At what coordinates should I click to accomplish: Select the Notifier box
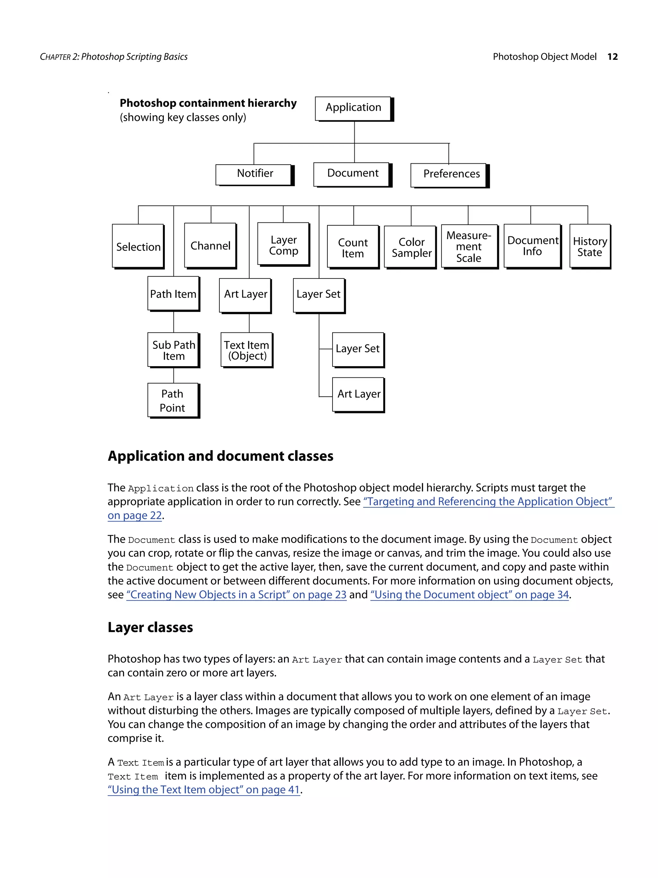click(x=254, y=174)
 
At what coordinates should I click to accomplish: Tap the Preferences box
click(x=449, y=175)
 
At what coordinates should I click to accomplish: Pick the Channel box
click(x=210, y=245)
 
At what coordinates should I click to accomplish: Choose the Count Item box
click(x=352, y=247)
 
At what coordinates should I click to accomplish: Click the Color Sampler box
click(x=411, y=247)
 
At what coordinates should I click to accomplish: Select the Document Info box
click(x=532, y=246)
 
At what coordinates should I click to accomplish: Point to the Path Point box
click(x=173, y=400)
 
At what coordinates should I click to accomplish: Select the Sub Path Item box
click(x=173, y=350)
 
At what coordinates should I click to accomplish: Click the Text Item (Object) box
click(x=246, y=350)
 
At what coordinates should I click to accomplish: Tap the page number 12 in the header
click(x=612, y=57)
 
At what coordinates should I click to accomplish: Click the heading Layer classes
click(x=150, y=628)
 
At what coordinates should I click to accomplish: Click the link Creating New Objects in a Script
click(x=236, y=594)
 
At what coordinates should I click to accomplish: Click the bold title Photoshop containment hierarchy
click(x=208, y=103)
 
